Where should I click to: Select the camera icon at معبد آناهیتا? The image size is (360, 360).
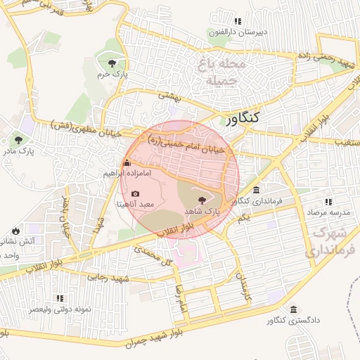point(136,193)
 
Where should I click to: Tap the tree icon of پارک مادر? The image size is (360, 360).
point(18,140)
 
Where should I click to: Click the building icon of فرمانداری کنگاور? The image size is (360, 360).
point(256,191)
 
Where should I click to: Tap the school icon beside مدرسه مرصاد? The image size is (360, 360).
point(309,201)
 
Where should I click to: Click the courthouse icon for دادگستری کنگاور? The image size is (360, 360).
point(293,309)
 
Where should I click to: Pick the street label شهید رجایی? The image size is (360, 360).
point(107,278)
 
